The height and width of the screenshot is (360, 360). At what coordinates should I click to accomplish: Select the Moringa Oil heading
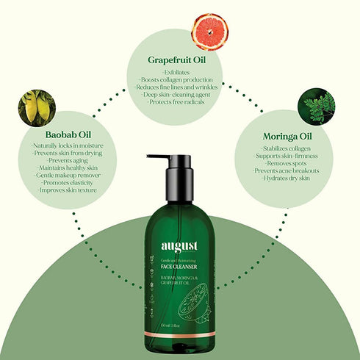(287, 137)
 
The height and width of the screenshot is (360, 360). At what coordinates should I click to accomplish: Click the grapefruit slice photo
(209, 32)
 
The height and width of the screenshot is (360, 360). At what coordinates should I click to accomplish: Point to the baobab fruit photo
(37, 107)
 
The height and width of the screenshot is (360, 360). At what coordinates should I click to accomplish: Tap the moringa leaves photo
(317, 107)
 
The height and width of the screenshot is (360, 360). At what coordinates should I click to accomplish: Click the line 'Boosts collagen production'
(179, 79)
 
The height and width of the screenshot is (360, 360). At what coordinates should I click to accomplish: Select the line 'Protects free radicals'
(179, 102)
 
